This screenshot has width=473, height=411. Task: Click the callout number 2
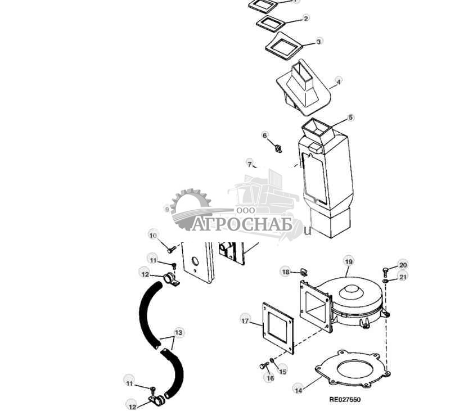[x=306, y=19]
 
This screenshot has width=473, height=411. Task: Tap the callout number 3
[x=319, y=42]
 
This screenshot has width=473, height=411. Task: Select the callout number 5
[x=351, y=118]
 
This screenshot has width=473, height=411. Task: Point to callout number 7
[x=250, y=164]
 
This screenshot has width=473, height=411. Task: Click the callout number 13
[x=178, y=332]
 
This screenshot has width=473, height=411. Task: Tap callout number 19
[x=349, y=261]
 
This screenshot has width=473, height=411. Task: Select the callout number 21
[x=403, y=277]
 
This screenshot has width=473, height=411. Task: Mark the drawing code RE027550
[x=345, y=400]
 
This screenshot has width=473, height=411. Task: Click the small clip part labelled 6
[x=277, y=148]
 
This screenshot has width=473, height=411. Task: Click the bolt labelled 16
[x=264, y=366]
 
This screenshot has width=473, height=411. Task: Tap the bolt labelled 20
[x=386, y=270]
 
